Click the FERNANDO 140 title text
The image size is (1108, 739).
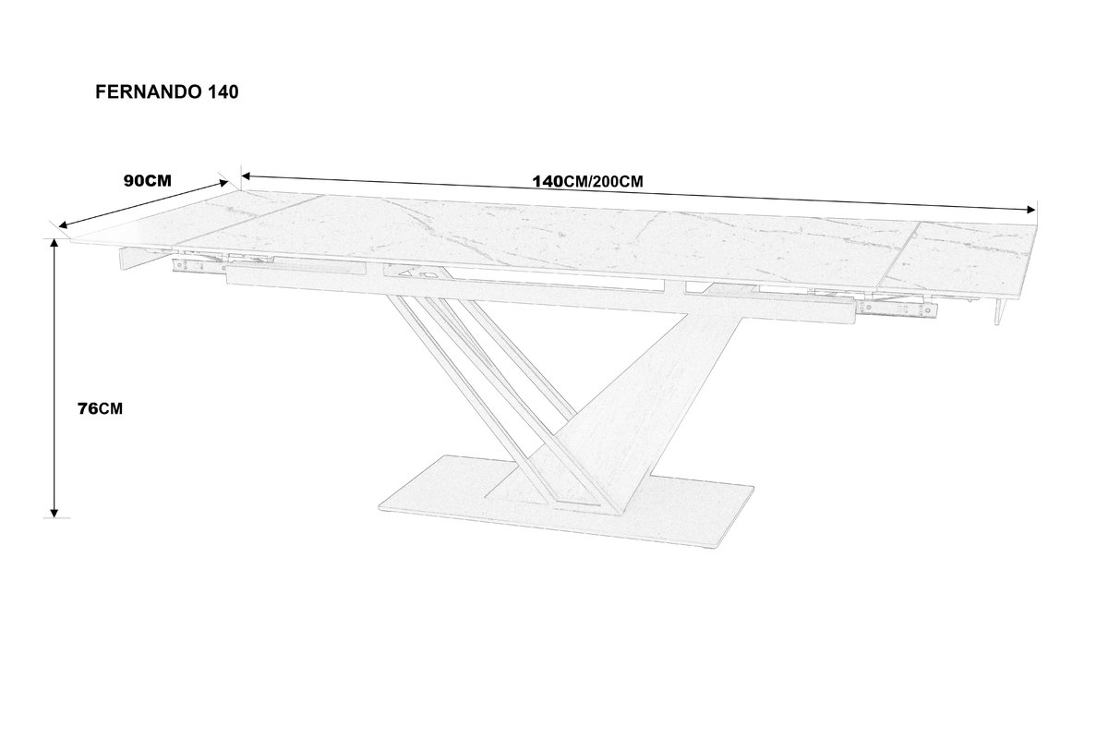167,92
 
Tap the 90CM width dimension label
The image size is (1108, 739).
148,181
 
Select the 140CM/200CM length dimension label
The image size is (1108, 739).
587,182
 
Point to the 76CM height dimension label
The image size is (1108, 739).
100,408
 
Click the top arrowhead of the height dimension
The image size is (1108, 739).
54,243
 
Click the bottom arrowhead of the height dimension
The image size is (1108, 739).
54,513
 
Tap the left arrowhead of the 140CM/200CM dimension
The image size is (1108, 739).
247,176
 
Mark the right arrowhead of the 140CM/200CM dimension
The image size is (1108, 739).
1030,210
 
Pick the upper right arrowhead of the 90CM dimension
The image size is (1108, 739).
223,184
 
